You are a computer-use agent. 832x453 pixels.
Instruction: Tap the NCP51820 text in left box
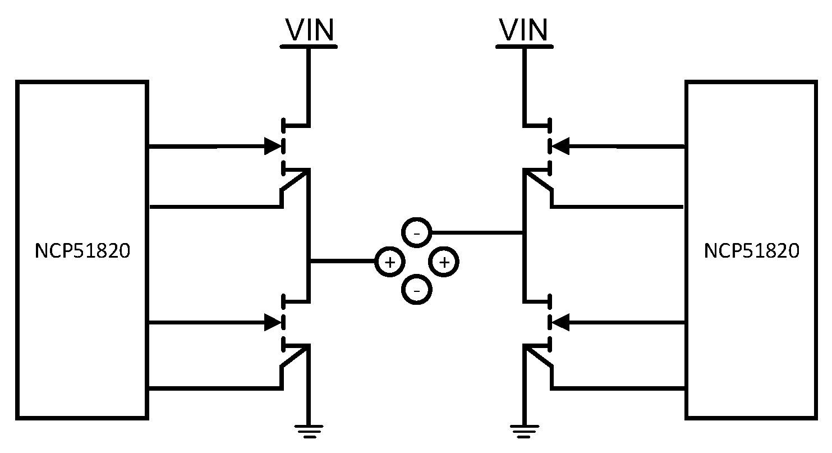(82, 251)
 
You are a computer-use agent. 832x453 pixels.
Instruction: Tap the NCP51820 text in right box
(751, 251)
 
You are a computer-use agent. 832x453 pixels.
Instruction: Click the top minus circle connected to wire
(416, 232)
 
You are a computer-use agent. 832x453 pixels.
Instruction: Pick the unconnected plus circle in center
(444, 262)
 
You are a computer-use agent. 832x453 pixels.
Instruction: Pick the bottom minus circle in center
(416, 290)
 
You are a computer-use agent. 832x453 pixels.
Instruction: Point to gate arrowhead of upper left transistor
(273, 147)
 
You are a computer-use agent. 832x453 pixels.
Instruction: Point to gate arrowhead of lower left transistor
(273, 322)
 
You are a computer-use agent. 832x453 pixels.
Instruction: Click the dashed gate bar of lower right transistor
(549, 322)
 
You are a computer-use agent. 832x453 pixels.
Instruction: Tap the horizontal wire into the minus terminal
(477, 232)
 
